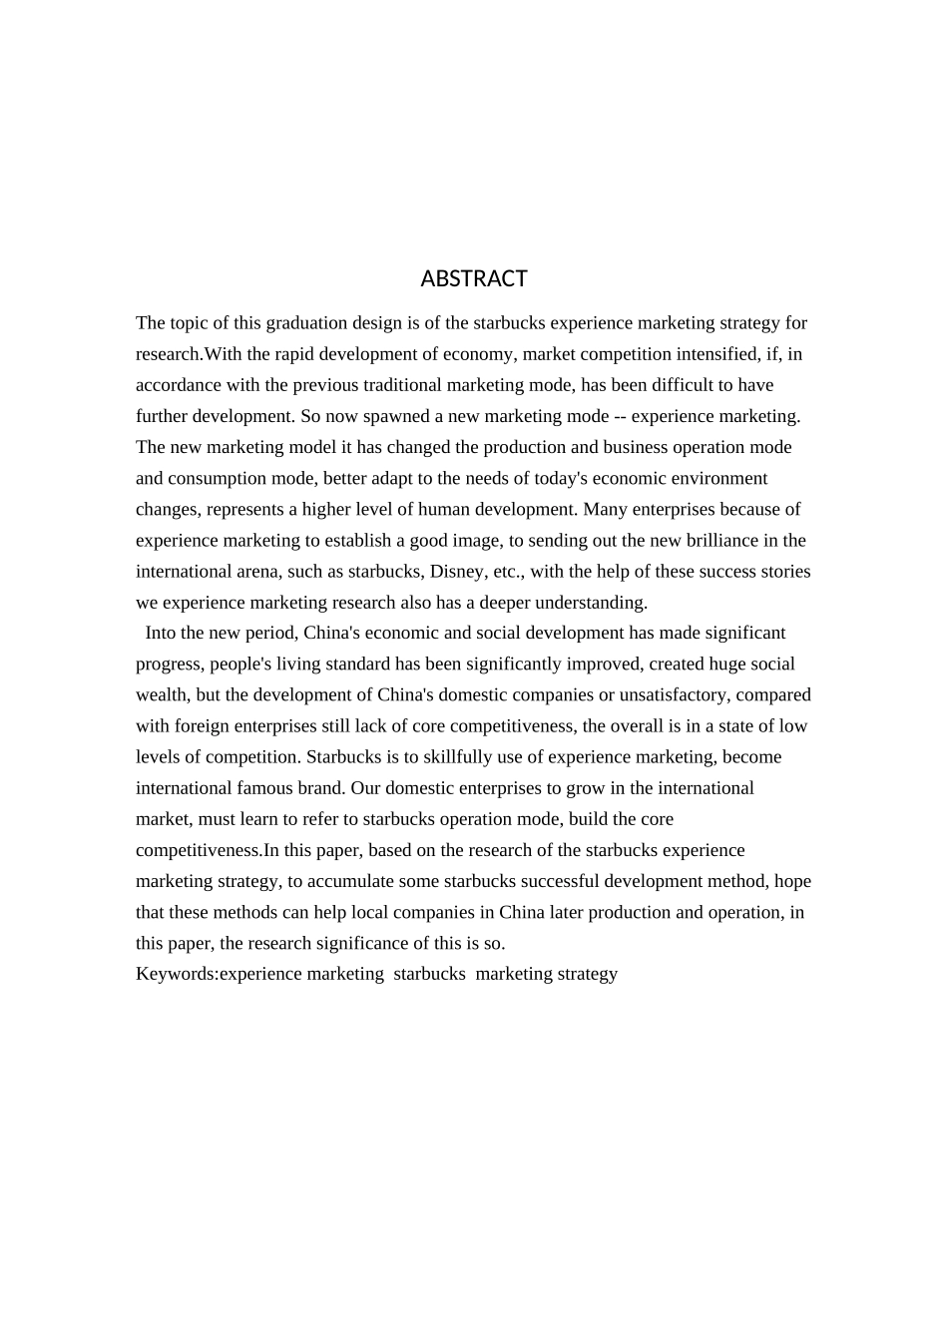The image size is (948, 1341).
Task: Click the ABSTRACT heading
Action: tap(474, 278)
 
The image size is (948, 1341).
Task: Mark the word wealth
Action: tap(160, 695)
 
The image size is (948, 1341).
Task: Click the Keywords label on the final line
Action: tap(175, 975)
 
